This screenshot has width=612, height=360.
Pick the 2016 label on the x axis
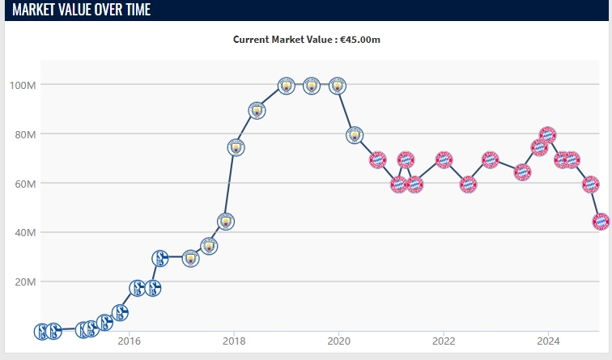(x=130, y=340)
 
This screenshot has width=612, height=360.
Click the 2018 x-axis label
(x=234, y=340)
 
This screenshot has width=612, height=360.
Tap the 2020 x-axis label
(x=338, y=340)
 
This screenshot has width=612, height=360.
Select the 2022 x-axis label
(x=443, y=340)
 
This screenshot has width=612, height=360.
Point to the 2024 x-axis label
(x=548, y=340)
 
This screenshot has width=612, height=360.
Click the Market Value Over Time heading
(x=81, y=10)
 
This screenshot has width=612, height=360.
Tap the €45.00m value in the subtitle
(x=359, y=39)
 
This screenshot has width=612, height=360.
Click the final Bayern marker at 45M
(x=601, y=220)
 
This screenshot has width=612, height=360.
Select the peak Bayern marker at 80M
(x=548, y=134)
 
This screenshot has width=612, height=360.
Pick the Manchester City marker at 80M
(x=355, y=135)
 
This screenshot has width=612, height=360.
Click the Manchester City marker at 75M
(x=236, y=147)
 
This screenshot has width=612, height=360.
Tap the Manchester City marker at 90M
(x=257, y=110)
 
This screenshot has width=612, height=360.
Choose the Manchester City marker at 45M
(x=226, y=221)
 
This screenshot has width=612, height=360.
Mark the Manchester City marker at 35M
(x=209, y=245)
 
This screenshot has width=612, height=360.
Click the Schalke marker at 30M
(x=160, y=258)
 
